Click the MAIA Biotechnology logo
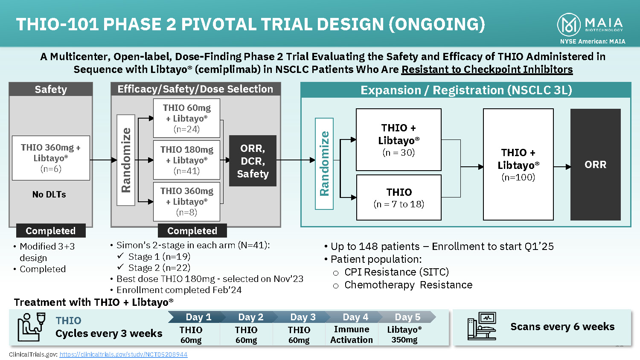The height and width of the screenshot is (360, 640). point(590,25)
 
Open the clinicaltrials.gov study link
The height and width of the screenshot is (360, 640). point(123,354)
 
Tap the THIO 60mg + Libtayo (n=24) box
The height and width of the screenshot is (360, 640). point(186,118)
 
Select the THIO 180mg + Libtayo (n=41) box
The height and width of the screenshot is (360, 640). point(186,160)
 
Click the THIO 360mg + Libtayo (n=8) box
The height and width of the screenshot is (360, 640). point(186,201)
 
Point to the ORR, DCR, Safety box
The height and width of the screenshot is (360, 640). point(253,161)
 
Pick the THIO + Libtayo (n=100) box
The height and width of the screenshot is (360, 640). point(518,164)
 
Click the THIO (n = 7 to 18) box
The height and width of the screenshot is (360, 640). point(399,197)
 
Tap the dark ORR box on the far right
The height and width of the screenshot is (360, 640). point(595,164)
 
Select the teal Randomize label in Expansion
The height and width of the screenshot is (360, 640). point(324,163)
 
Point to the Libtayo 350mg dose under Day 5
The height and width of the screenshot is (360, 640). point(404,335)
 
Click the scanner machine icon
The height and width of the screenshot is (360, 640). point(481,326)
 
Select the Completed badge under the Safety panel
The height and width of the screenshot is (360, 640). point(51,231)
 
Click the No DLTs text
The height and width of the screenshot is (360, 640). point(49,195)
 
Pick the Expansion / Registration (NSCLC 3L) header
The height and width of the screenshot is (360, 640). point(466,90)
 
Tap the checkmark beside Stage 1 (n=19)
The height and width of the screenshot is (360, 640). point(120,256)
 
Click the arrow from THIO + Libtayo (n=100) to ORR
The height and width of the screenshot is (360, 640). point(562,167)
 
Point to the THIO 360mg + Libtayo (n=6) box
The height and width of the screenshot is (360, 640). point(51,158)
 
